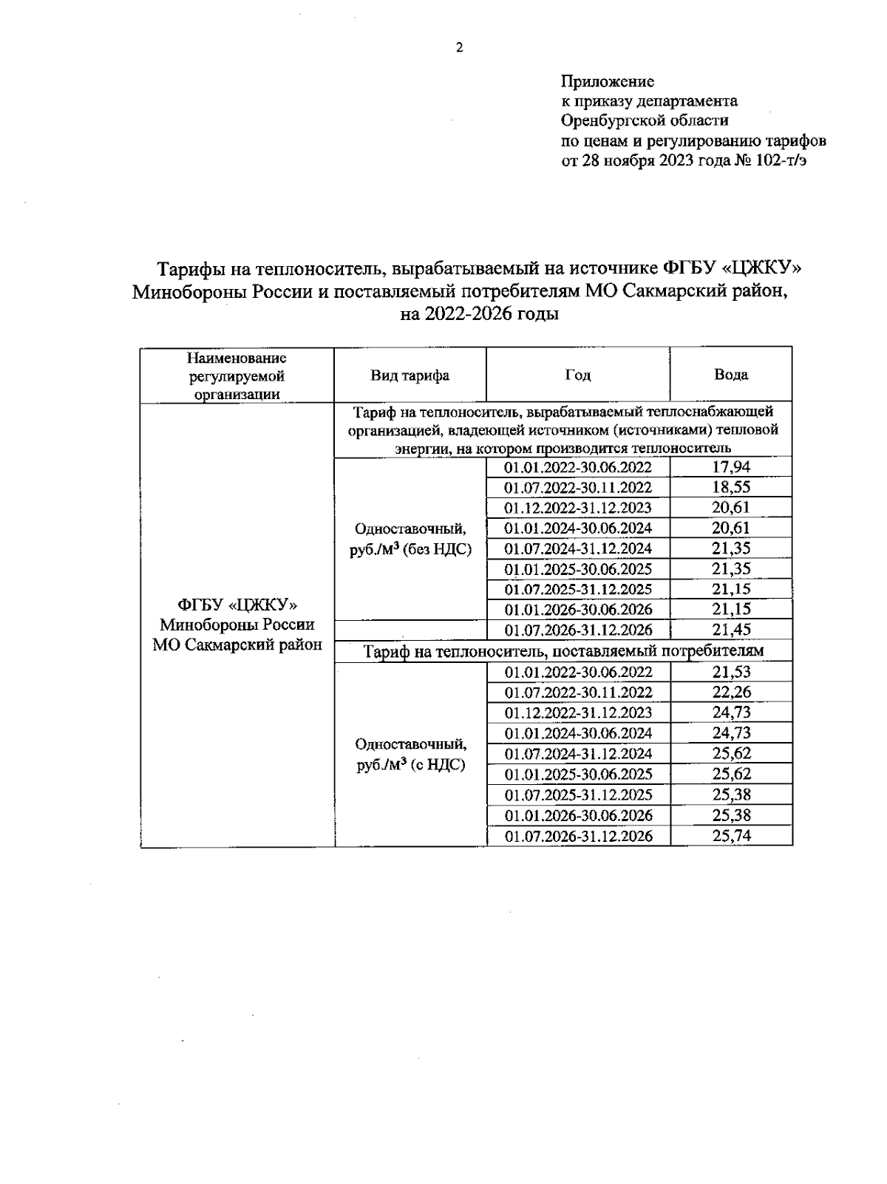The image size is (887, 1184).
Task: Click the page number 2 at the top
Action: pos(460,49)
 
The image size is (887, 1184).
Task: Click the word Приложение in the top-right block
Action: pos(608,81)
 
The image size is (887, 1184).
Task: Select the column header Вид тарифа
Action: pos(409,375)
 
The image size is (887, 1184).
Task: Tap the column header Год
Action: pos(577,375)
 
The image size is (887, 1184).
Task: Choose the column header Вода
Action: pos(730,375)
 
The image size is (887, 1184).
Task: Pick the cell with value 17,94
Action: pos(730,467)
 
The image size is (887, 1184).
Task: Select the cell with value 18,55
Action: pos(730,488)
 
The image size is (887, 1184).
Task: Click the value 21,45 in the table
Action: pos(730,630)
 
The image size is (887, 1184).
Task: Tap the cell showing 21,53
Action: pos(730,672)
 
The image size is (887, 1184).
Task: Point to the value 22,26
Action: pos(730,693)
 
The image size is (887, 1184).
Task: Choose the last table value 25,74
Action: pos(730,836)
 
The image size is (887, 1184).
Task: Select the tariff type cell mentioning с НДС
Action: pos(410,755)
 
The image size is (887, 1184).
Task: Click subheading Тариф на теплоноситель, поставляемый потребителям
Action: pos(563,651)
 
